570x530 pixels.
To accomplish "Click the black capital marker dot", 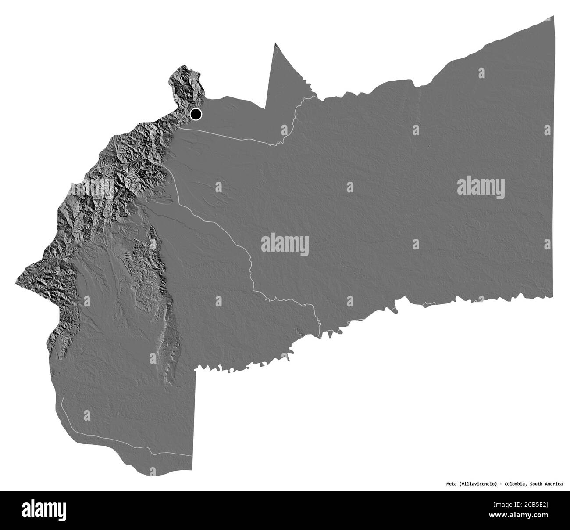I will click(x=196, y=114).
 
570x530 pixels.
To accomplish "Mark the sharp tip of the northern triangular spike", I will click(x=275, y=43).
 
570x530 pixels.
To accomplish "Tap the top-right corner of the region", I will click(x=554, y=16).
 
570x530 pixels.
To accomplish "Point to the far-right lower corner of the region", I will click(x=552, y=298).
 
